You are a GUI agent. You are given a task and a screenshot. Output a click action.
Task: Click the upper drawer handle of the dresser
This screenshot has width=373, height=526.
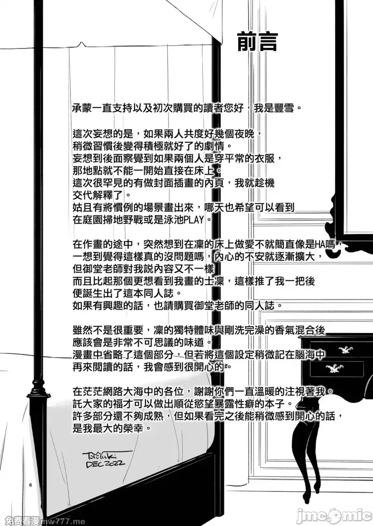[x=345, y=350]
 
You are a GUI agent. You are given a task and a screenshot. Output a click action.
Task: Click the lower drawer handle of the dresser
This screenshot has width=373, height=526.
[x=334, y=369]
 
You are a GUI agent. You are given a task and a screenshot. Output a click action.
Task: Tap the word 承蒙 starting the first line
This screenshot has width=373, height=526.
[x=83, y=108]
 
